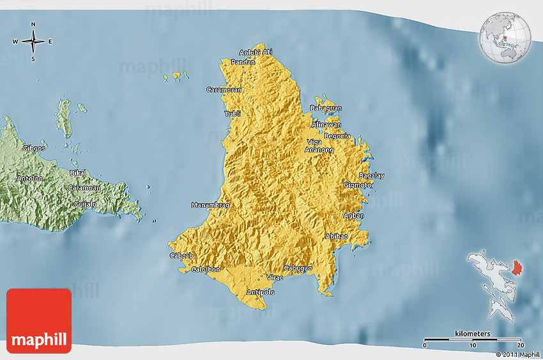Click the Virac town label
point(275,278)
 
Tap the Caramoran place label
point(224,90)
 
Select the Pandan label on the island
point(243,62)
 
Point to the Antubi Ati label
point(256,52)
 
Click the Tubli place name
point(233,114)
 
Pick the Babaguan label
point(326,109)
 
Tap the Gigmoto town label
point(358,185)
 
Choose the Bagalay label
point(372,176)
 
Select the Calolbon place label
point(206,269)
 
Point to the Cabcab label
point(181,256)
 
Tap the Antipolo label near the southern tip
point(260,292)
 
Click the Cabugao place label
point(298,268)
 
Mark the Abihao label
point(337,236)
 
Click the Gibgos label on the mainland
point(34,148)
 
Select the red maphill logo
point(39,321)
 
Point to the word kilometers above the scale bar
point(473,334)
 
